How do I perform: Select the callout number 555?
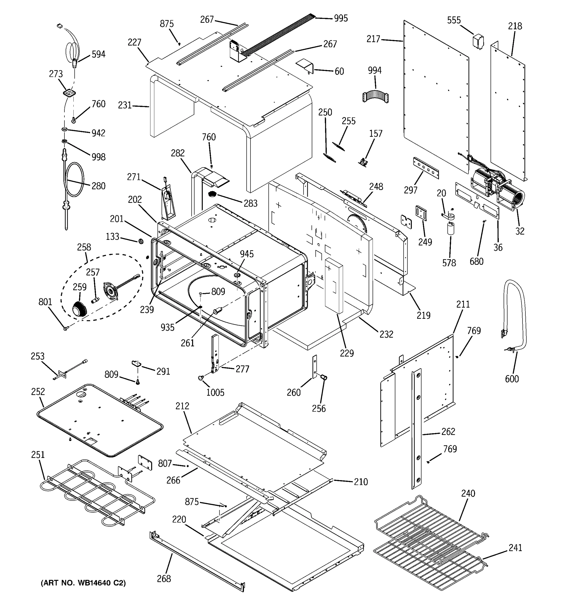[x=454, y=20]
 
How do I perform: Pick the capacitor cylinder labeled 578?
[x=451, y=228]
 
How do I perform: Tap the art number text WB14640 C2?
[x=83, y=583]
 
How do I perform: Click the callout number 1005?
[x=215, y=392]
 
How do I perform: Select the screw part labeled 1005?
[x=201, y=378]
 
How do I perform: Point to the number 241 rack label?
[x=515, y=548]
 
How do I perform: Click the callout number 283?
[x=251, y=203]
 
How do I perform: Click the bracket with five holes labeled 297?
[x=426, y=172]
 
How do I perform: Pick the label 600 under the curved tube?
[x=512, y=379]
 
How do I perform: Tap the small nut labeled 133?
[x=140, y=241]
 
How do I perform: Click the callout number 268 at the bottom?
[x=164, y=579]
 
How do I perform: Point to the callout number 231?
[x=125, y=105]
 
